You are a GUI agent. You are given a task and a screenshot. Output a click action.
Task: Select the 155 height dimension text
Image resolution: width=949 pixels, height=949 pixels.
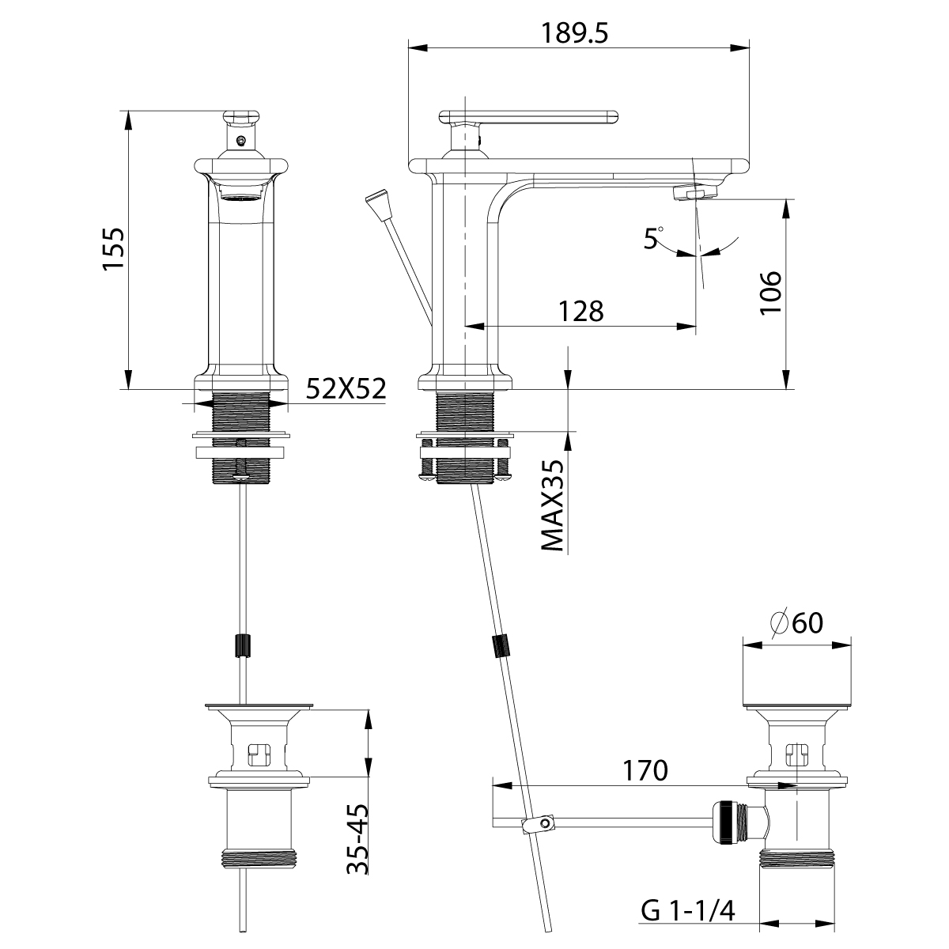click(x=115, y=249)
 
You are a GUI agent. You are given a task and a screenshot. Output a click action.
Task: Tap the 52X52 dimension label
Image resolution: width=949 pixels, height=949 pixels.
click(x=346, y=389)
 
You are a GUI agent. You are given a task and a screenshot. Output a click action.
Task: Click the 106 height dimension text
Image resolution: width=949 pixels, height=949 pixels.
click(x=769, y=293)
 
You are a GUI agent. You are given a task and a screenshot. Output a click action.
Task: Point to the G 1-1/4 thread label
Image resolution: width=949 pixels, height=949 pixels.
click(x=687, y=912)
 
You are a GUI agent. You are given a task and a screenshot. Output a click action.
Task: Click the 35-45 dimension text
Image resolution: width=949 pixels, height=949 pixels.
click(x=357, y=838)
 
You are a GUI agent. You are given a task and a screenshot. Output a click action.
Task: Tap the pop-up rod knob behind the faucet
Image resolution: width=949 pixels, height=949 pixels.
click(x=379, y=202)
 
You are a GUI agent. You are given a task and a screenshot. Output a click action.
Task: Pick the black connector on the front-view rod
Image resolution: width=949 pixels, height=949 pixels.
click(x=243, y=645)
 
